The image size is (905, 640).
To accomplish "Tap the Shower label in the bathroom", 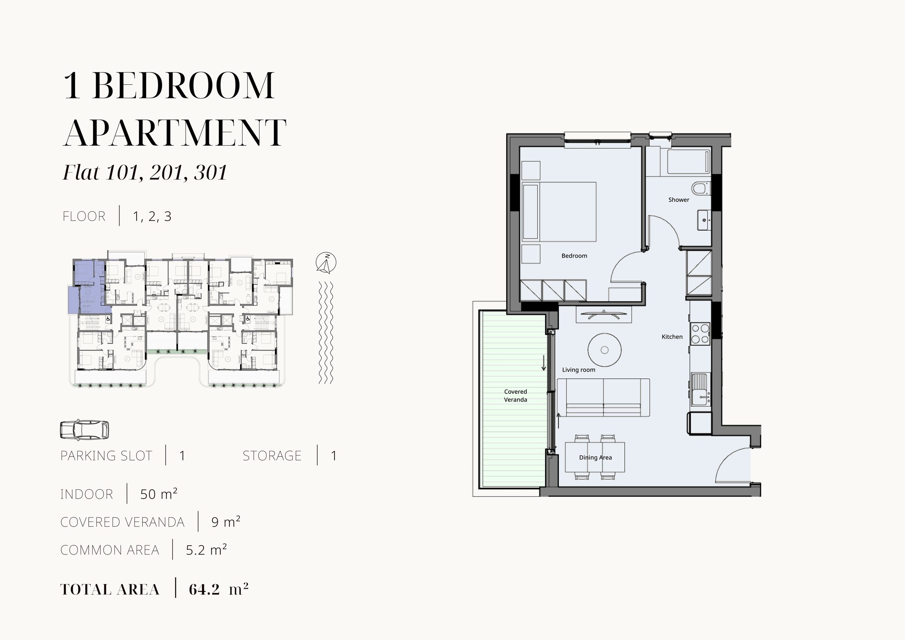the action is (x=679, y=200).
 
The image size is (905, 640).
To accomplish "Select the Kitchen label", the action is (x=672, y=336).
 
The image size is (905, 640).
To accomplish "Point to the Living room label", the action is (x=579, y=370).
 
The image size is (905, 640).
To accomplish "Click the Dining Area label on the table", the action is (x=595, y=458).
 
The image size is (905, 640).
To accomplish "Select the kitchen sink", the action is (x=701, y=389).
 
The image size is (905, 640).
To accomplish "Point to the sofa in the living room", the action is (x=603, y=398).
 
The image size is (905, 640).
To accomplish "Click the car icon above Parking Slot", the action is (x=84, y=429).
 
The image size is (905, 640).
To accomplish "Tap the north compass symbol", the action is (x=326, y=263).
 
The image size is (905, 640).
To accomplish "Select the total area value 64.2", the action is (x=204, y=589).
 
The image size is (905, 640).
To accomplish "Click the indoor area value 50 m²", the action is (x=159, y=494).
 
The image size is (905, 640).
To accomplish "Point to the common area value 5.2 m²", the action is (x=206, y=550).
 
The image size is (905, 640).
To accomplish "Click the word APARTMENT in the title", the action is (x=175, y=133).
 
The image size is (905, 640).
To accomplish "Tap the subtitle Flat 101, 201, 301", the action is (x=145, y=172).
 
